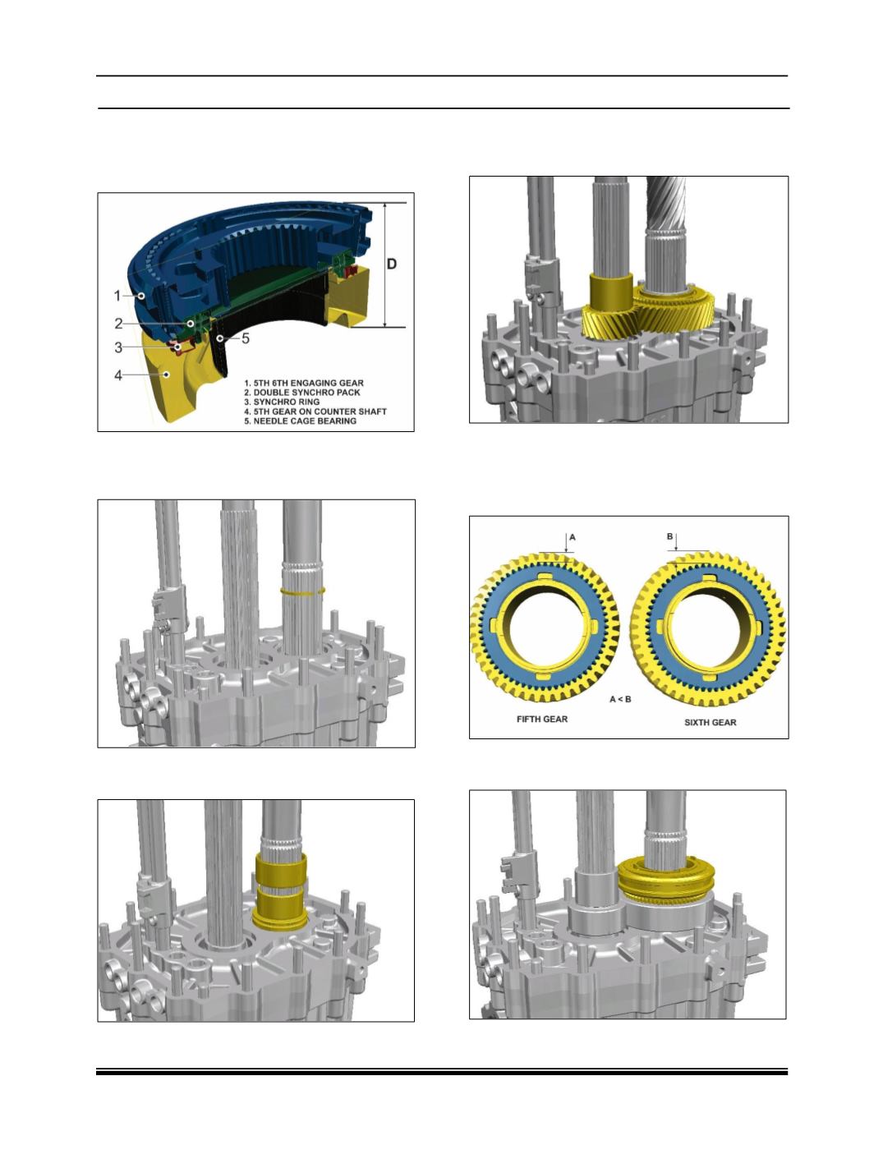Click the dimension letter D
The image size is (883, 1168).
[x=392, y=264]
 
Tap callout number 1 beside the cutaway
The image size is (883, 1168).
[x=117, y=296]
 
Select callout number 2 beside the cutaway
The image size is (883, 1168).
[x=118, y=323]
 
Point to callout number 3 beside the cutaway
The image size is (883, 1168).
[x=118, y=347]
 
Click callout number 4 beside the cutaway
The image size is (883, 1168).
[x=118, y=375]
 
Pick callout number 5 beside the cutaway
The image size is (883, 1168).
[x=246, y=338]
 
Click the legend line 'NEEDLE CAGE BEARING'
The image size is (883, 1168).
[x=300, y=421]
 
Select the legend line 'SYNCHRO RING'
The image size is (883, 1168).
[x=282, y=402]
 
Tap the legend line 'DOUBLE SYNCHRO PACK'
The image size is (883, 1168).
[x=302, y=392]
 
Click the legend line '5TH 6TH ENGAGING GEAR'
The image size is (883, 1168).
[x=304, y=383]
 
